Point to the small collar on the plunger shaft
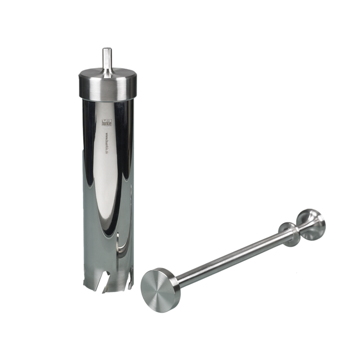coord(290,233)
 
